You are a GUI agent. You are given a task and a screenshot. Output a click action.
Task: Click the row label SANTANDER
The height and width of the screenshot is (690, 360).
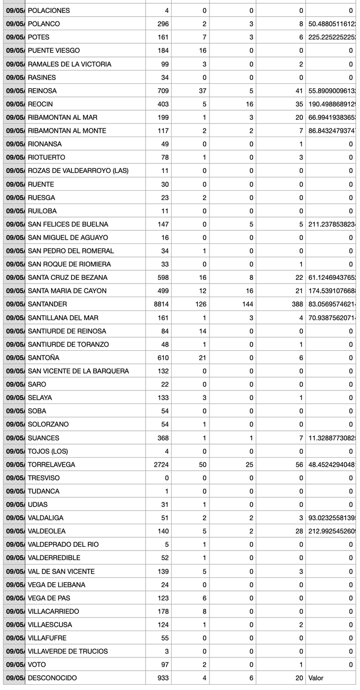pos(47,304)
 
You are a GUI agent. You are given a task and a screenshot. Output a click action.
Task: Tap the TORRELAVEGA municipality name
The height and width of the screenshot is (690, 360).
pos(51,465)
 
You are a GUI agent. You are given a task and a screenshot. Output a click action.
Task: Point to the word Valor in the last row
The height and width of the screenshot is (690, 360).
pos(317,678)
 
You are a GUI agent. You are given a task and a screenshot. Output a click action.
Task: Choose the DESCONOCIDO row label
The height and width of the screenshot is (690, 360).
pos(52,678)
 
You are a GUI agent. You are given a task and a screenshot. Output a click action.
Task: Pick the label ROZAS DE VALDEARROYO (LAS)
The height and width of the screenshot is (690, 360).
pos(78,171)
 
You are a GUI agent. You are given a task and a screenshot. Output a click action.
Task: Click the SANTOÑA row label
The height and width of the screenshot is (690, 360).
pos(44,358)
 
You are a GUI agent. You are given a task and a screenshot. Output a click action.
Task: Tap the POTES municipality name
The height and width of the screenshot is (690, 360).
pos(39,37)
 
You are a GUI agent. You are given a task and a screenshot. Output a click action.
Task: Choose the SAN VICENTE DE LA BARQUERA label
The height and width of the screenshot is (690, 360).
pos(78,371)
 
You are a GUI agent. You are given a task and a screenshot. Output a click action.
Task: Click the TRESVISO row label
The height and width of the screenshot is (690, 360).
pos(43,478)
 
